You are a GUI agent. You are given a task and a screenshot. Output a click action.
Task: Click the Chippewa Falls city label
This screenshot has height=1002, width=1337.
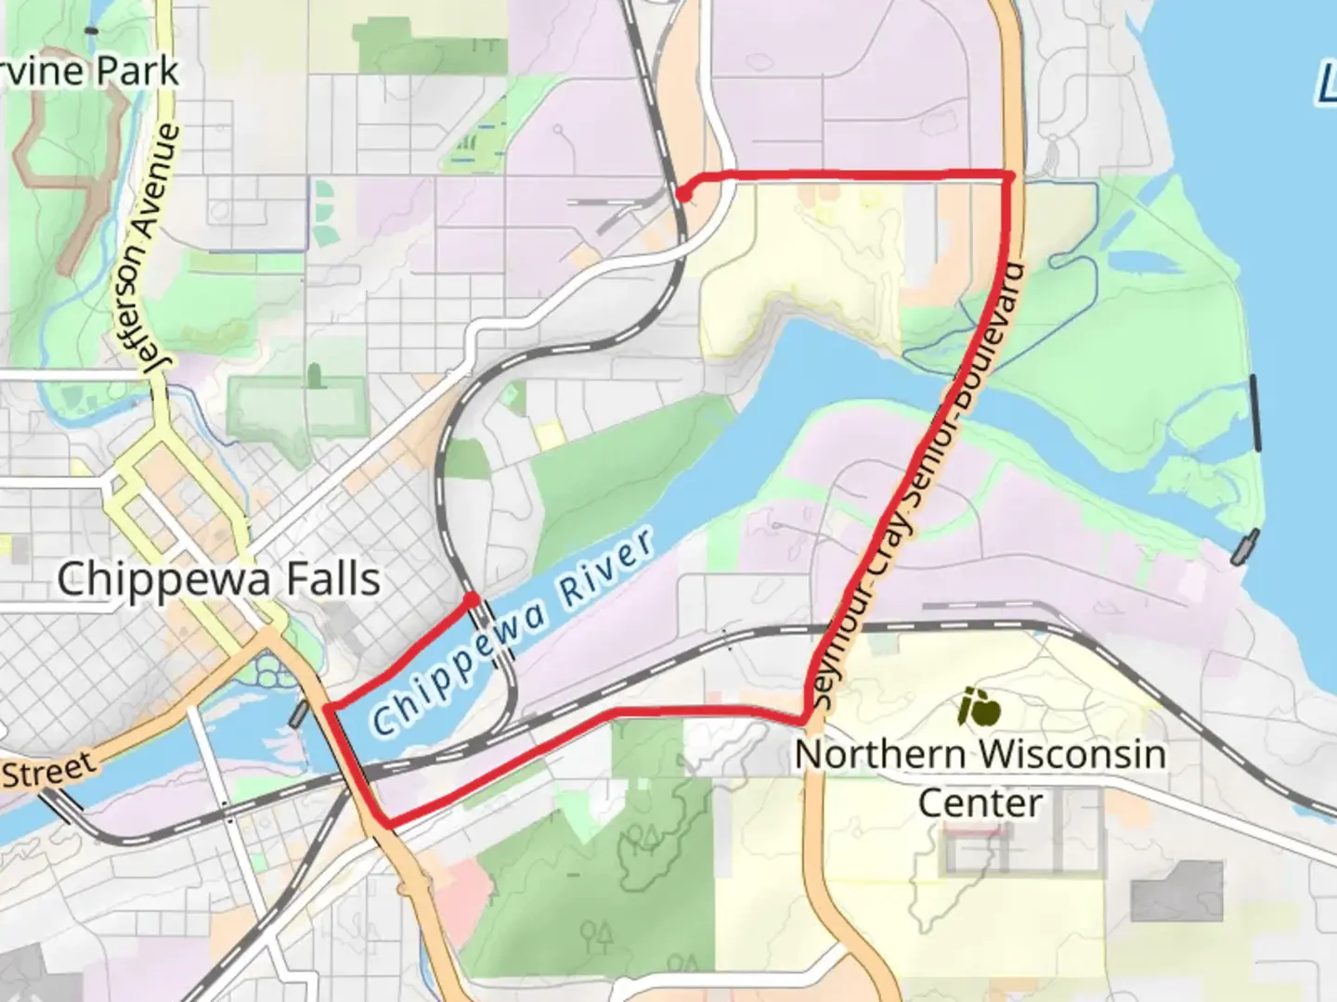pyautogui.click(x=218, y=580)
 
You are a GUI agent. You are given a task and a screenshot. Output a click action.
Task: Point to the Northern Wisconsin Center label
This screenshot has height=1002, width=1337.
pyautogui.click(x=980, y=777)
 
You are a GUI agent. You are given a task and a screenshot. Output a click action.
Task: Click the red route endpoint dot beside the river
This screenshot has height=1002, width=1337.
pyautogui.click(x=471, y=600)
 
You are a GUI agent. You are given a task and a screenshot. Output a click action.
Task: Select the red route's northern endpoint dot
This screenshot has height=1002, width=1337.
pyautogui.click(x=682, y=194)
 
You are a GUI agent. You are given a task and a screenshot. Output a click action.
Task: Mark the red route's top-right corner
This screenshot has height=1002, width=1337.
pyautogui.click(x=1010, y=174)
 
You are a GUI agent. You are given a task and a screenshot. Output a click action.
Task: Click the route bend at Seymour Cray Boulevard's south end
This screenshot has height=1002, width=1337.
pyautogui.click(x=803, y=720)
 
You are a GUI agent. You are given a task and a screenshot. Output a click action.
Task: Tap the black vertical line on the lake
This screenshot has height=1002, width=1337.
pyautogui.click(x=1255, y=413)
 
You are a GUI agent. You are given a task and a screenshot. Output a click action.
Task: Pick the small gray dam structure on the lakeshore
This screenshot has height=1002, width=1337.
pyautogui.click(x=1244, y=547)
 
